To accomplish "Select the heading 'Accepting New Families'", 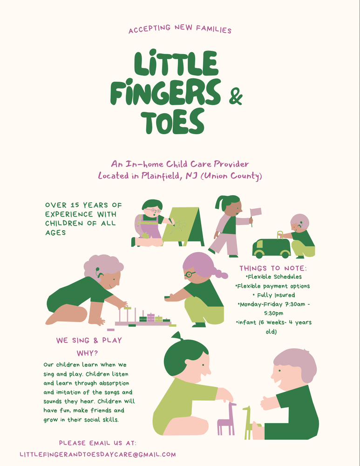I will [180, 30].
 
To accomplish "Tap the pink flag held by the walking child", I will [256, 212].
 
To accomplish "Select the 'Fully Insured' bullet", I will [273, 295].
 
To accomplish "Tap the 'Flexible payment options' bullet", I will [273, 286].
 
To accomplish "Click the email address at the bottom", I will [98, 454].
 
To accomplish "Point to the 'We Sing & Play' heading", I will [89, 341].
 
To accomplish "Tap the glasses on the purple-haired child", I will [190, 274].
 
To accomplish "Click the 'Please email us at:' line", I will [98, 443].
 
